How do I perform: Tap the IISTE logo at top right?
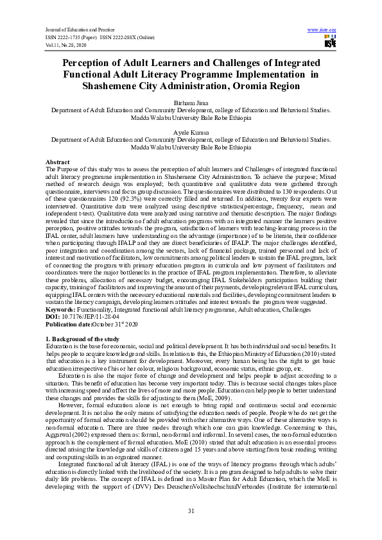(x=329, y=42)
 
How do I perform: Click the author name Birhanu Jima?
(x=191, y=103)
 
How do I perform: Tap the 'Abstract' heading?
(x=57, y=162)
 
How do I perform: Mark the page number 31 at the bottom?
(x=191, y=510)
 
